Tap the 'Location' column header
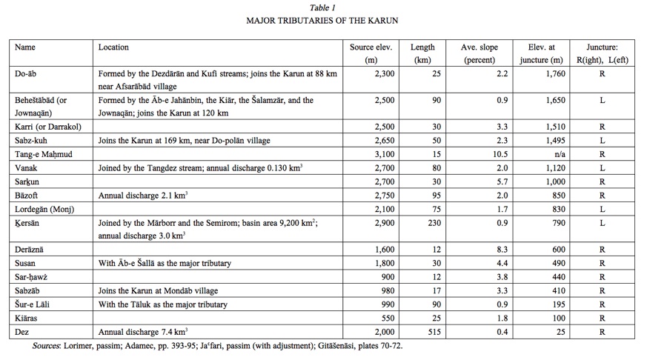[113, 47]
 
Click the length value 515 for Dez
[434, 332]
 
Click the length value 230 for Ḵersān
[434, 222]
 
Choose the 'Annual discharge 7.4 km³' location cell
[143, 332]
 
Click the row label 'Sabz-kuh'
[33, 141]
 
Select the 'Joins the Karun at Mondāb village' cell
[158, 290]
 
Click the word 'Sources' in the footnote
[49, 346]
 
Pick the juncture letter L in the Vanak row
[602, 168]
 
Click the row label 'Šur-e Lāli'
[35, 304]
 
